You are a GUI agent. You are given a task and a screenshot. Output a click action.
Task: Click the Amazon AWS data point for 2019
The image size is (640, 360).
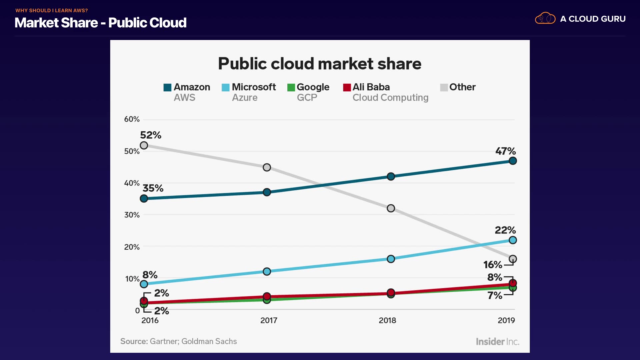[513, 161]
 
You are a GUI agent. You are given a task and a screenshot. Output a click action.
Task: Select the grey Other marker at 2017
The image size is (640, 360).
[267, 167]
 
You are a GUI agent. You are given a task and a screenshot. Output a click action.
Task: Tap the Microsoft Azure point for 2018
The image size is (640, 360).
[391, 259]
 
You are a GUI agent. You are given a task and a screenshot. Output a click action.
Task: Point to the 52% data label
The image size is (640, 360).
[151, 135]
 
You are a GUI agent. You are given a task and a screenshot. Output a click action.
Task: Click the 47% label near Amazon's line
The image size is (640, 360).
[505, 151]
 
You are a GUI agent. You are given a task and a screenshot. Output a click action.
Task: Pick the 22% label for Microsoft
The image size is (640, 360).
[505, 230]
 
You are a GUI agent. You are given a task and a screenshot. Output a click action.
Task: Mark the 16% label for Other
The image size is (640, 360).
[493, 265]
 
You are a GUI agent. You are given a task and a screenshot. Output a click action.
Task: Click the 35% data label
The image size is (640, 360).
[153, 188]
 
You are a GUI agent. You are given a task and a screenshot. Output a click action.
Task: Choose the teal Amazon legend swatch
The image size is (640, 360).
[167, 87]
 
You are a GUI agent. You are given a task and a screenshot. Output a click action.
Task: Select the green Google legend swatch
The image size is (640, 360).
[291, 87]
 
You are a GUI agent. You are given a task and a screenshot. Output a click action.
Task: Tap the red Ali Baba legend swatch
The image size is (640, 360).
[347, 87]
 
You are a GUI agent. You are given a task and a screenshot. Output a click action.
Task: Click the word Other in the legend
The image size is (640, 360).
[462, 87]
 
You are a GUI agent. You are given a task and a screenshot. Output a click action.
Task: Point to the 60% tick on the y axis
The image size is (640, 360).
[132, 119]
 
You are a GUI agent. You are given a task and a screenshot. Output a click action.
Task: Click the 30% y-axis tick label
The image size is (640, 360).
[132, 215]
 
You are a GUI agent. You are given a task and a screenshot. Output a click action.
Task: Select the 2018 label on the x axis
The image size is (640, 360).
[387, 320]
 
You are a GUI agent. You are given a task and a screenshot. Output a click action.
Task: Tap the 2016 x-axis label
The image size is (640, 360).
[150, 320]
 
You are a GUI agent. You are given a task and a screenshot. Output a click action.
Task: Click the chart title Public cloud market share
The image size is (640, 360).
[320, 63]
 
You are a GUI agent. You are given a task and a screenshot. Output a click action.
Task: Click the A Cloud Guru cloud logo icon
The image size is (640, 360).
[545, 18]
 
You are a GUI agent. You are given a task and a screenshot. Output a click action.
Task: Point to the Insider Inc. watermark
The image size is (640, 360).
[497, 342]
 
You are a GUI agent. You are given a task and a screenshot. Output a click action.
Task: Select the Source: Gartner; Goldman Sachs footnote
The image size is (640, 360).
[178, 341]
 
